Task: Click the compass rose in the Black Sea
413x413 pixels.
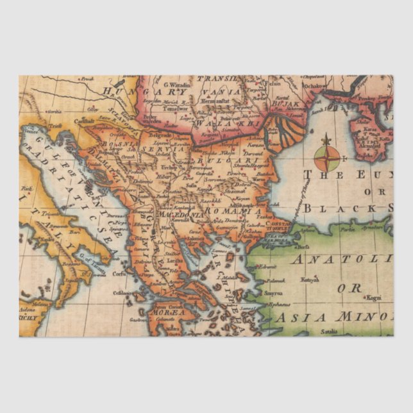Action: (x=327, y=155)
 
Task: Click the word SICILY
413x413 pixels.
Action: (x=29, y=317)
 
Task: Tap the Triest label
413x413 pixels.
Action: (x=56, y=126)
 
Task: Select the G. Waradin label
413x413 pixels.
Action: (x=176, y=84)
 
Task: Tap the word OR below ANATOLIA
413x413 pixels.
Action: (x=354, y=288)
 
